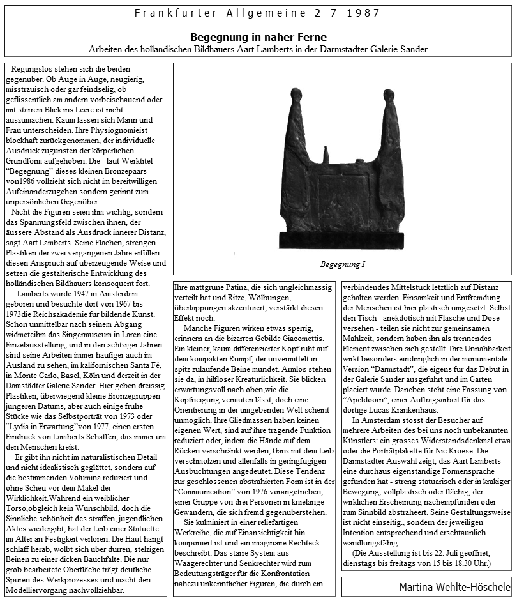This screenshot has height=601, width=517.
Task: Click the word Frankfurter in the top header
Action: tap(167, 13)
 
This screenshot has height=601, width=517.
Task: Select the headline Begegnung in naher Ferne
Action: tap(258, 37)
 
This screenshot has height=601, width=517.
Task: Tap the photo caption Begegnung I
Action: tap(342, 264)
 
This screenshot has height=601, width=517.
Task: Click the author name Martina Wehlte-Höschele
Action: tap(455, 586)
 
